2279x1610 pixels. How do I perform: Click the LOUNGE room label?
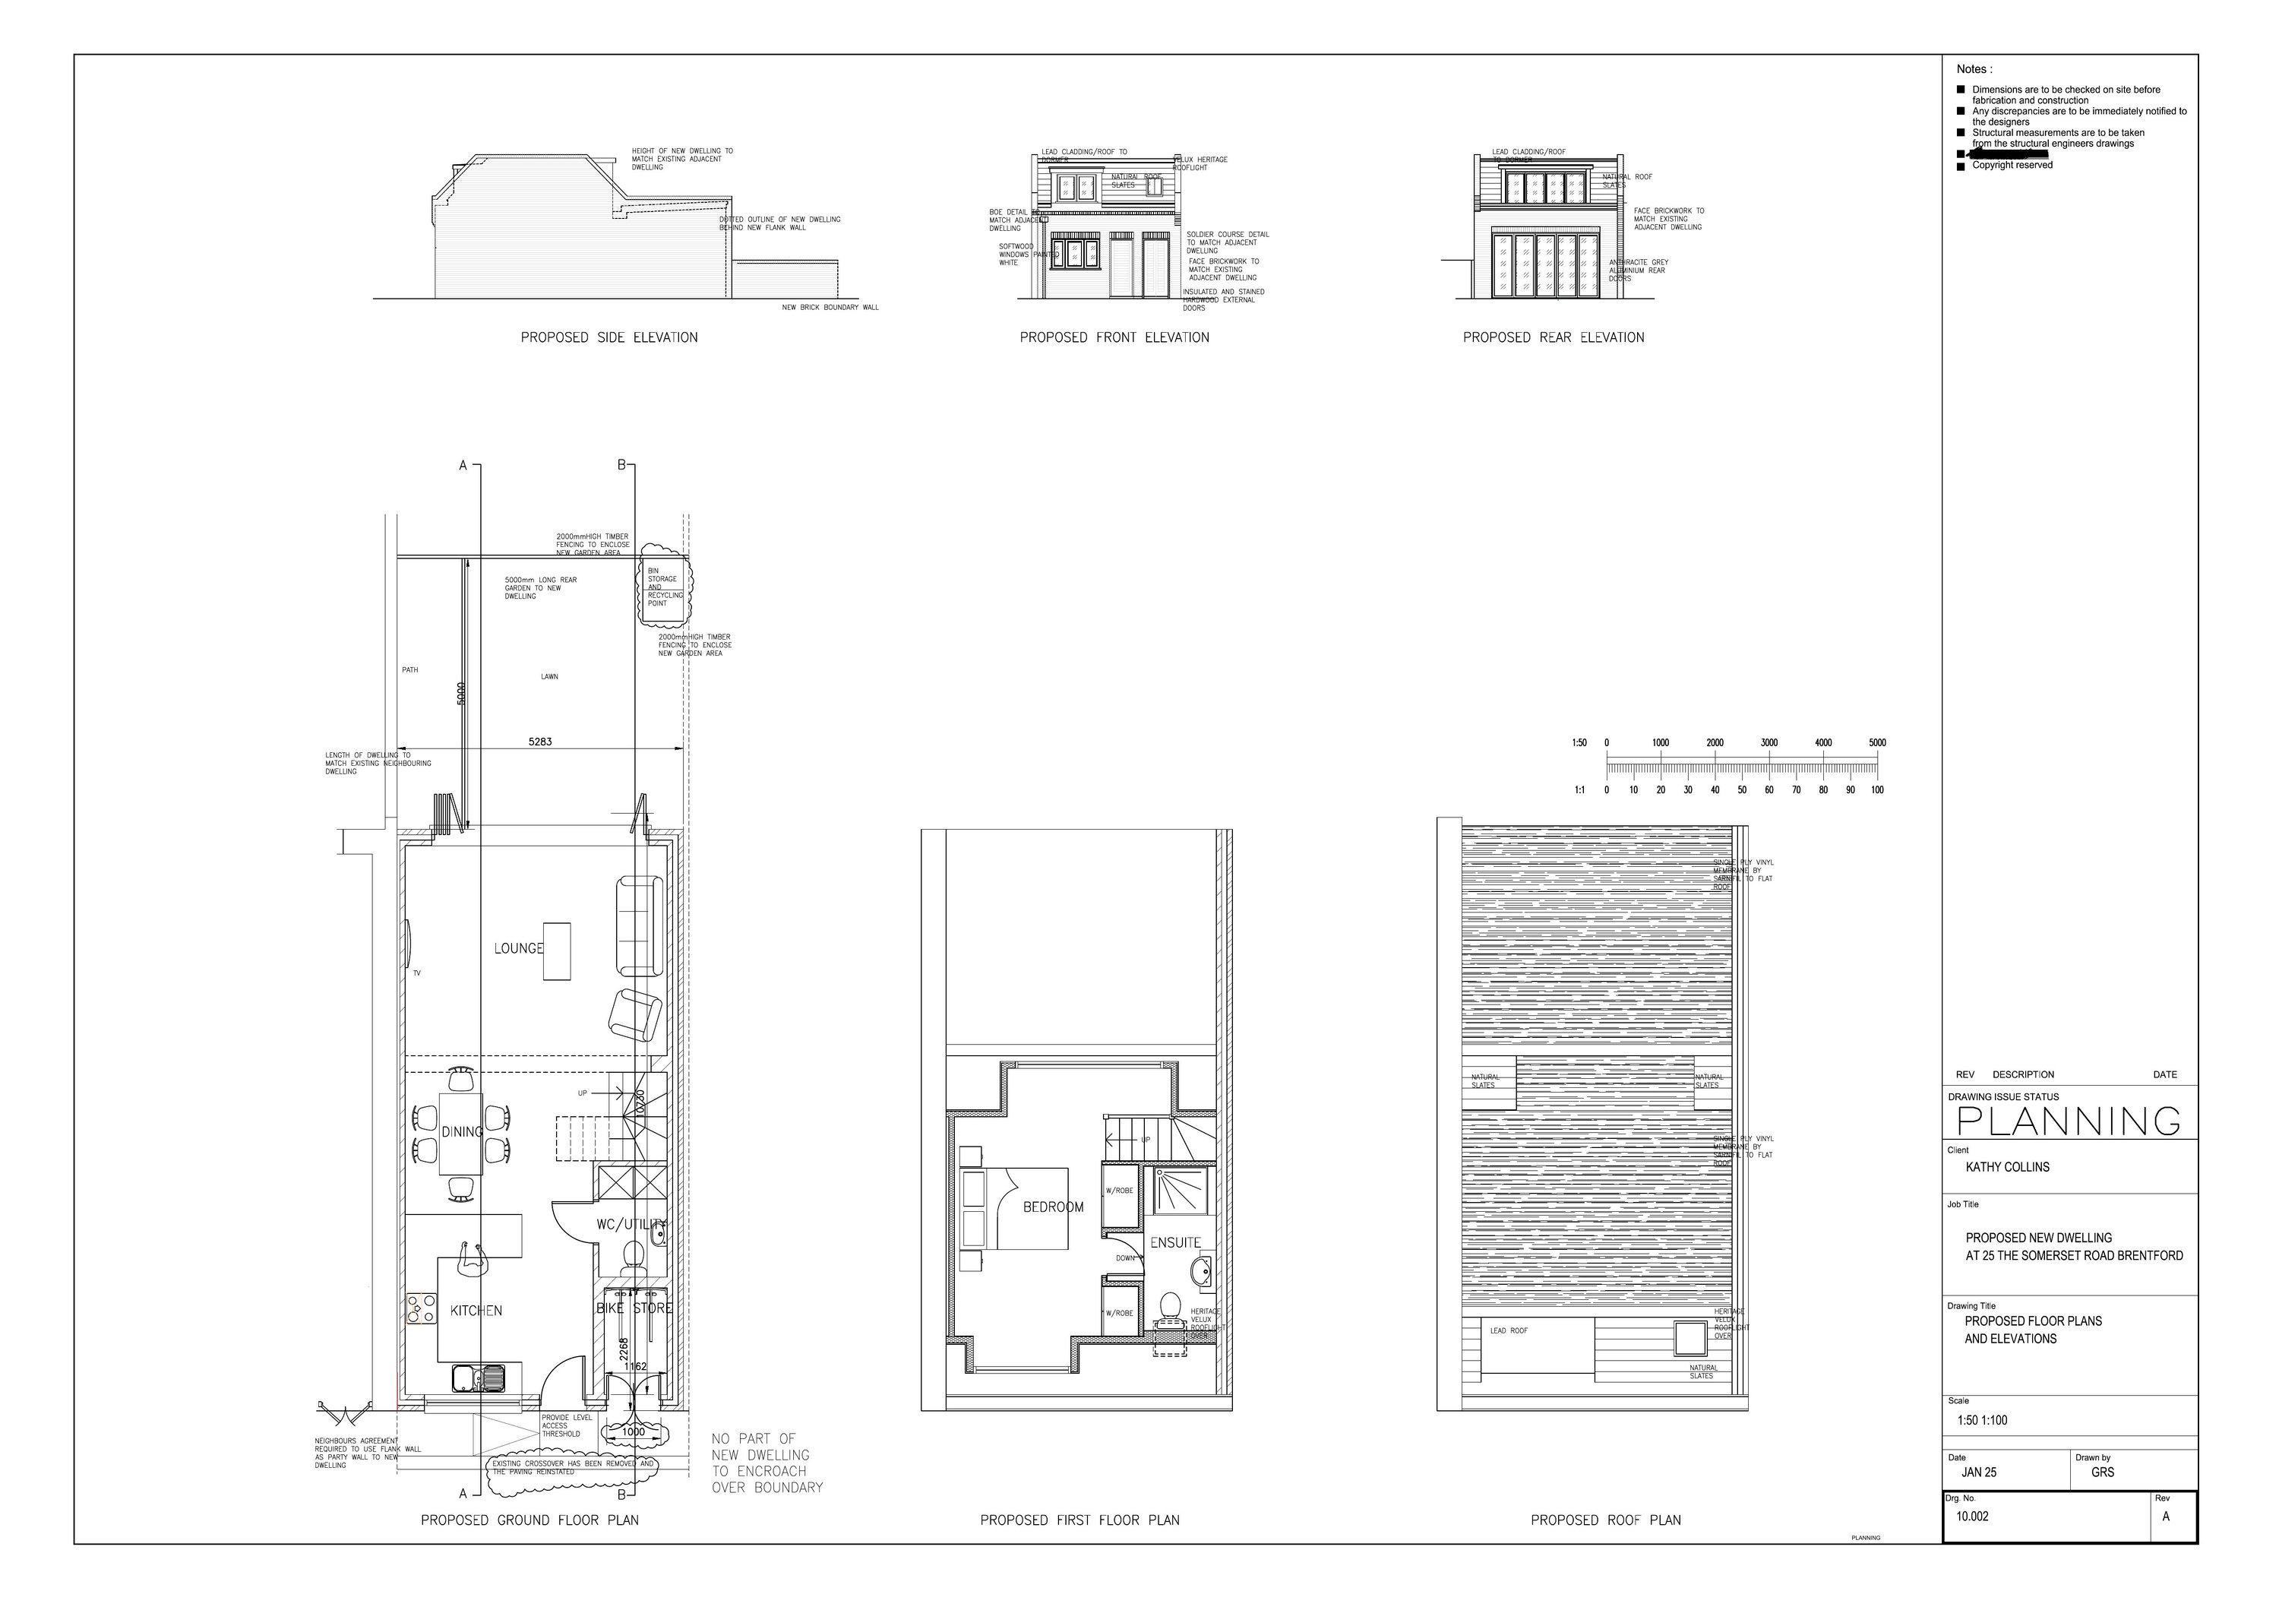pos(518,948)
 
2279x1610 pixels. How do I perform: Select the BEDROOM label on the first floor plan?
pos(1052,1207)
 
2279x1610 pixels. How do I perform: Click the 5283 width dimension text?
pos(540,742)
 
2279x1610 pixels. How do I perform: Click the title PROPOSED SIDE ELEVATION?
pos(608,337)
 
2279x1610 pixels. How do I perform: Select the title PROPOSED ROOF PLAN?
pos(1605,1520)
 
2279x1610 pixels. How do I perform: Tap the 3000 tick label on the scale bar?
pos(1769,742)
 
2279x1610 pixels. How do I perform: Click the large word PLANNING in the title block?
pos(2069,1121)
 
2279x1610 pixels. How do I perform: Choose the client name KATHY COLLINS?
pos(2007,1167)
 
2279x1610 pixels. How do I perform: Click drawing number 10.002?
pos(1972,1517)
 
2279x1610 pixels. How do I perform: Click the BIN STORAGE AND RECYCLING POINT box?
pos(661,592)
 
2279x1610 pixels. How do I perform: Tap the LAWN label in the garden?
pos(549,677)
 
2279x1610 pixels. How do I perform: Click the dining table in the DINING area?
pos(460,1133)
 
